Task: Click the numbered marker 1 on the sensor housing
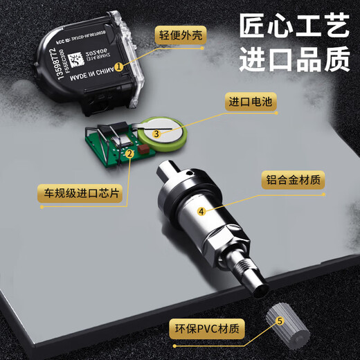coord(119,67)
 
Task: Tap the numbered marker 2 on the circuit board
coord(129,154)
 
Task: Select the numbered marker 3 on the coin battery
coord(157,133)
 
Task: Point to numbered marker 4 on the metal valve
coord(201,212)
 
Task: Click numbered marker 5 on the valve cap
coord(280,321)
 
